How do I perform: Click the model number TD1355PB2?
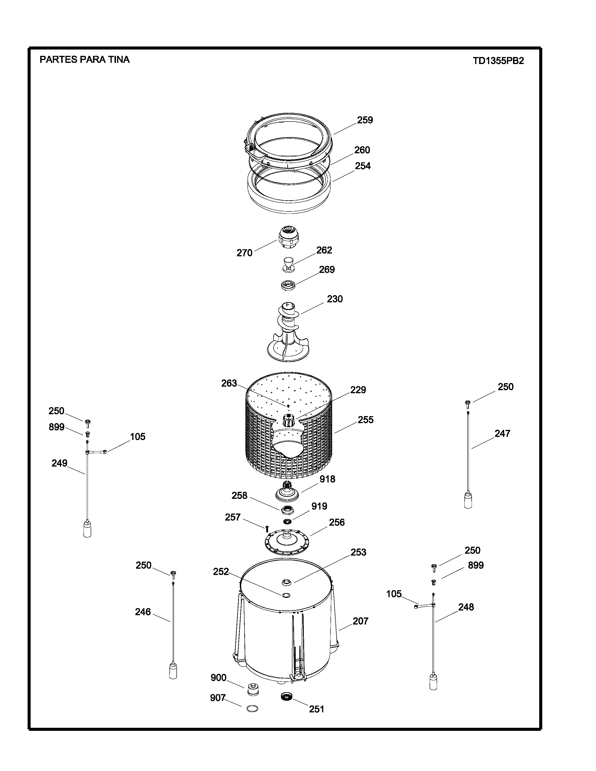tap(498, 61)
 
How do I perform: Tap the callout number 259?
tap(365, 120)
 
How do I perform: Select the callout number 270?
tap(244, 253)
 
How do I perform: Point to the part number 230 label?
tap(335, 299)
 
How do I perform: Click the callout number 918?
tap(327, 479)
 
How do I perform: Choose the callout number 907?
tap(218, 698)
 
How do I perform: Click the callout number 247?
tap(502, 433)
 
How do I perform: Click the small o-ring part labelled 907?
tap(252, 708)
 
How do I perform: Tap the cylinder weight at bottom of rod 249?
tap(87, 529)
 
